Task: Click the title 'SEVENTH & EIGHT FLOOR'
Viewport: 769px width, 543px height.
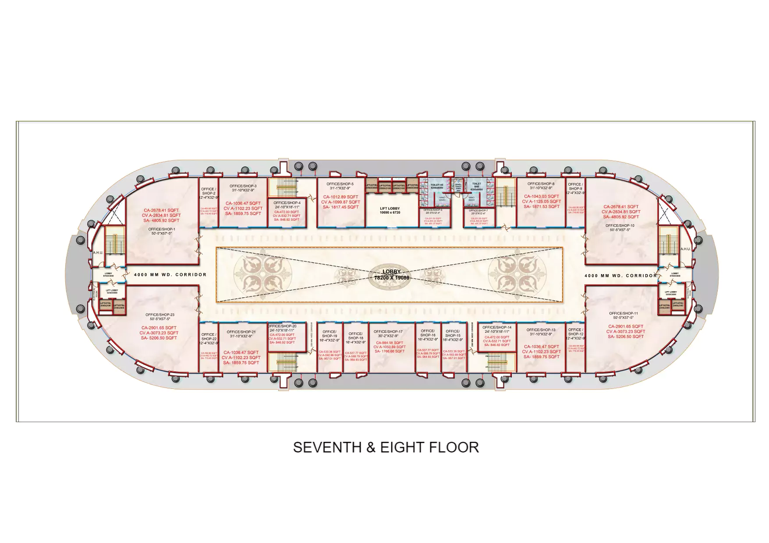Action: (386, 447)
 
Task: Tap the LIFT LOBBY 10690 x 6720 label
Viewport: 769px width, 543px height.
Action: (390, 211)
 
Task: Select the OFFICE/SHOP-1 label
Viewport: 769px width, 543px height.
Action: (161, 229)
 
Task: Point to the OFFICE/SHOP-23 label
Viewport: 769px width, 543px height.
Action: (160, 315)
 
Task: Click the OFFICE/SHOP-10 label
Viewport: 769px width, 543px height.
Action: (620, 226)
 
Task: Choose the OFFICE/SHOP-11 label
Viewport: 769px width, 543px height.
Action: (623, 313)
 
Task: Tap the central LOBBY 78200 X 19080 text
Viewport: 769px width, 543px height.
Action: (391, 275)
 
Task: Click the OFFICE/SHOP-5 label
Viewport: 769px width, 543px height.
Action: (340, 184)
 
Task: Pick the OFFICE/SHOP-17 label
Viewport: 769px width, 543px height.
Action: (388, 331)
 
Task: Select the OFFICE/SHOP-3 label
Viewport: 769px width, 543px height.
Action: (243, 186)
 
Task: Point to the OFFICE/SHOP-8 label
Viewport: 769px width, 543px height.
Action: (541, 184)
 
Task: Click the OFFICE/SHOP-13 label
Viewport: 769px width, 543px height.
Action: (541, 330)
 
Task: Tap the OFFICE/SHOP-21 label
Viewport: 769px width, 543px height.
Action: (241, 332)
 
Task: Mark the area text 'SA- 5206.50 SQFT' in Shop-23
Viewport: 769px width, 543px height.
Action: (159, 338)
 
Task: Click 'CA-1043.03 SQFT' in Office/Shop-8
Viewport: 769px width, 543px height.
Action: (542, 197)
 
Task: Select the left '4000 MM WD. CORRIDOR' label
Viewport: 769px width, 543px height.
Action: (170, 275)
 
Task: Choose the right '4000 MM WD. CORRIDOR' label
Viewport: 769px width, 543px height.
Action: (620, 276)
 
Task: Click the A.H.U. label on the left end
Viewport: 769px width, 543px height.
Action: (98, 253)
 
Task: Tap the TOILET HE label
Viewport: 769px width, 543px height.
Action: (436, 185)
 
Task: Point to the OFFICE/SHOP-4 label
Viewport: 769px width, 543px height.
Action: (287, 203)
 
